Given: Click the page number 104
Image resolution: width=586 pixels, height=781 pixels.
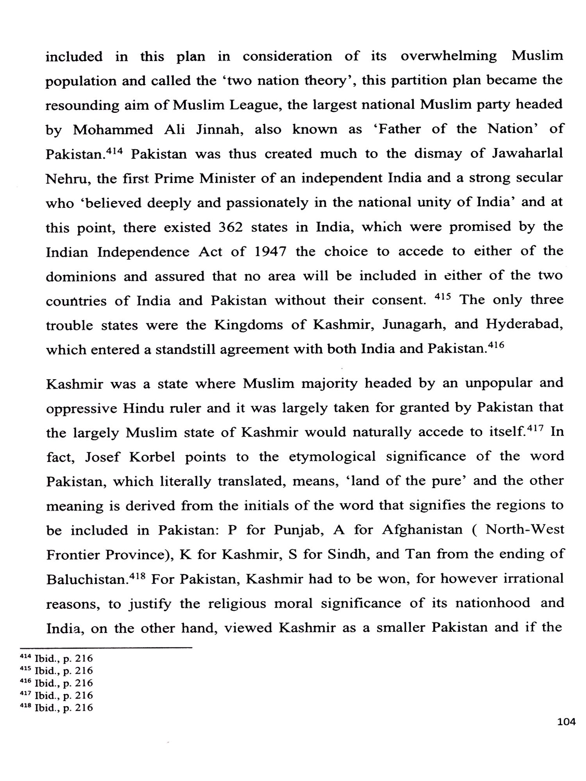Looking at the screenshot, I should pyautogui.click(x=566, y=722).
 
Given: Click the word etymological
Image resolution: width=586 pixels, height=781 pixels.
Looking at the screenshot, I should pyautogui.click(x=332, y=457).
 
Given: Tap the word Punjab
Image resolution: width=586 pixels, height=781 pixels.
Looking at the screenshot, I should pyautogui.click(x=298, y=530).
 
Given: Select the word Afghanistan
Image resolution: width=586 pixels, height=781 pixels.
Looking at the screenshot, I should pyautogui.click(x=422, y=530).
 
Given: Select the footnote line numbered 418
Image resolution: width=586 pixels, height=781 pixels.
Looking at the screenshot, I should pyautogui.click(x=57, y=708).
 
